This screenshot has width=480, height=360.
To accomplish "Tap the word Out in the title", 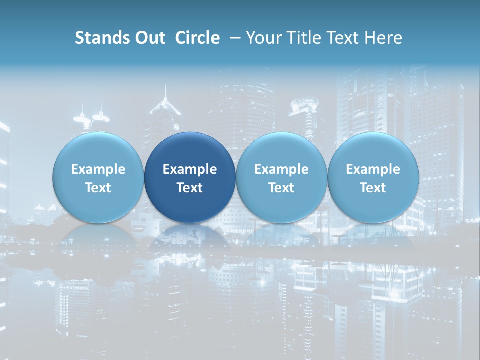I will click(x=149, y=38).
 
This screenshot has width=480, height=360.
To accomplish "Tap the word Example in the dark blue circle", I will click(x=190, y=169).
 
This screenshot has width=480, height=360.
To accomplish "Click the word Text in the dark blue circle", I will click(x=190, y=188).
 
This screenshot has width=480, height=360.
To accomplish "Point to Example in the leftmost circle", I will click(x=98, y=169).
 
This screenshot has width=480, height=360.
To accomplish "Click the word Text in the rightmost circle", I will click(x=373, y=188).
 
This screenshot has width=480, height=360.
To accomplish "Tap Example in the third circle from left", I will click(x=281, y=169).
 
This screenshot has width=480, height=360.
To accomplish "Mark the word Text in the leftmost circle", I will click(x=98, y=188).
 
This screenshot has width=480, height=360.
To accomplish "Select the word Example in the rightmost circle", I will click(x=373, y=169).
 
